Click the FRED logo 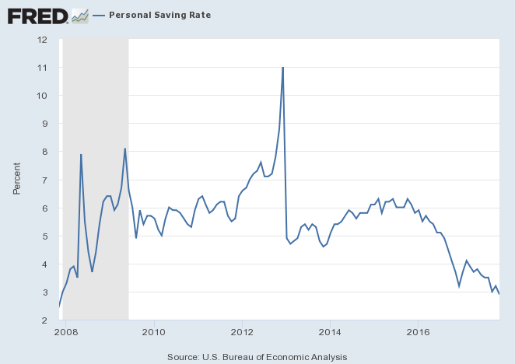(x=37, y=15)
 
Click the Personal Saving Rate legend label (x=159, y=15)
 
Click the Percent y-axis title (x=17, y=179)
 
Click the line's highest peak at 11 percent (x=282, y=68)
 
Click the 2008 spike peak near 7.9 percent (x=81, y=155)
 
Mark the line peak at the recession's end (x=124, y=149)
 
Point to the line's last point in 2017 (x=499, y=293)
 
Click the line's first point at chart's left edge (x=59, y=306)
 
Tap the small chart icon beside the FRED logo (x=79, y=15)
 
